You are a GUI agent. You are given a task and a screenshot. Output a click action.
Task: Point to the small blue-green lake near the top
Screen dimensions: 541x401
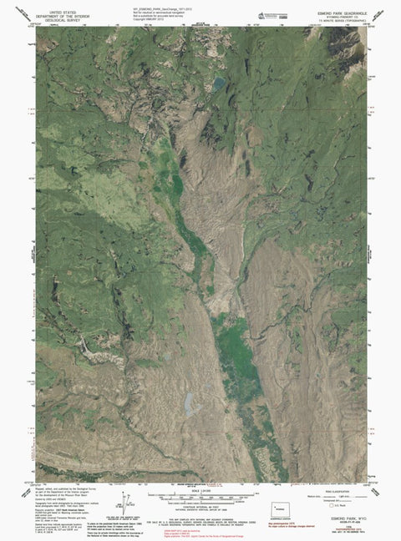click(x=217, y=83)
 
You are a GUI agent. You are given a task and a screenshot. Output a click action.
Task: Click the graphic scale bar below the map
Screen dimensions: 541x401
click(x=200, y=497)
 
